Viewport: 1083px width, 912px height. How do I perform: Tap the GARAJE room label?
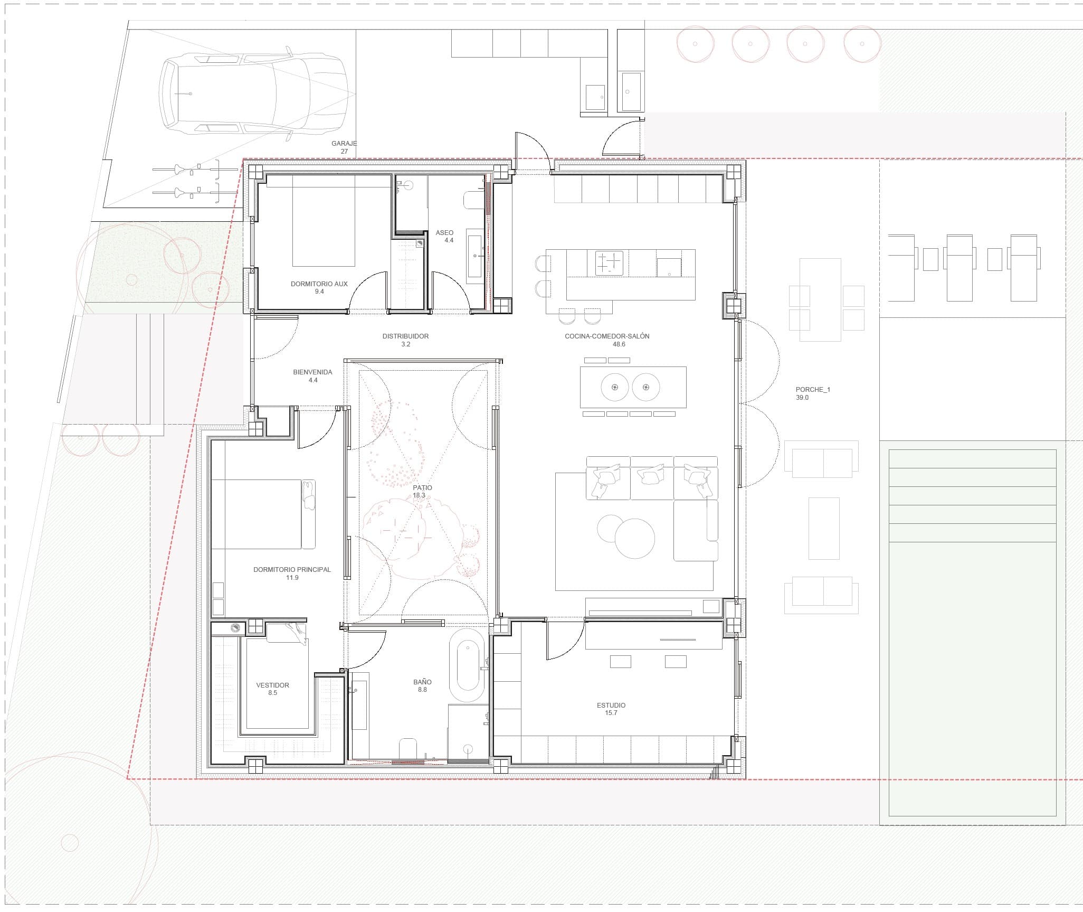(x=344, y=143)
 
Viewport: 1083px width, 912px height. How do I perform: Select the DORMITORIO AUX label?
(x=319, y=284)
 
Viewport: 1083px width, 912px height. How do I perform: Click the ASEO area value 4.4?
(x=449, y=240)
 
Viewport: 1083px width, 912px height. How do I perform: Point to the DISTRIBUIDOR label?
(x=405, y=336)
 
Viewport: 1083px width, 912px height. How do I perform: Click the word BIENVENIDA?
(x=312, y=372)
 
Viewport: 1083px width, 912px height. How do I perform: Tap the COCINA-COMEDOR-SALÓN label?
(x=607, y=336)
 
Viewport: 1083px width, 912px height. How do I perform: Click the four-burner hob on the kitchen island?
(x=609, y=263)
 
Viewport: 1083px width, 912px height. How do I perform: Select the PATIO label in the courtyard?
(x=422, y=487)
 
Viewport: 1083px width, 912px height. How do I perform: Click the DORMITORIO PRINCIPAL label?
(x=292, y=569)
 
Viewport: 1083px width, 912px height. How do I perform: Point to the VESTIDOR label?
(x=272, y=685)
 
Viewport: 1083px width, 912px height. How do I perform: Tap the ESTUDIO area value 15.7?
(x=611, y=713)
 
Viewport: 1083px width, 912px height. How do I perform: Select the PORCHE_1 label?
(x=813, y=389)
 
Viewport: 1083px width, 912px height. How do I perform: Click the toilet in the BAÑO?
(x=408, y=749)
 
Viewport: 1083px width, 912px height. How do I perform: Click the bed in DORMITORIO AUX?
(x=324, y=221)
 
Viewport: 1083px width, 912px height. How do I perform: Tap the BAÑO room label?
(x=422, y=682)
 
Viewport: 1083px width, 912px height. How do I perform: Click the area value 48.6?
(x=619, y=344)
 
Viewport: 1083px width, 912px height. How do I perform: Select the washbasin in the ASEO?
(x=474, y=253)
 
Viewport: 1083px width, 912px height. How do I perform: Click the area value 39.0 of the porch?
(x=802, y=398)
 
